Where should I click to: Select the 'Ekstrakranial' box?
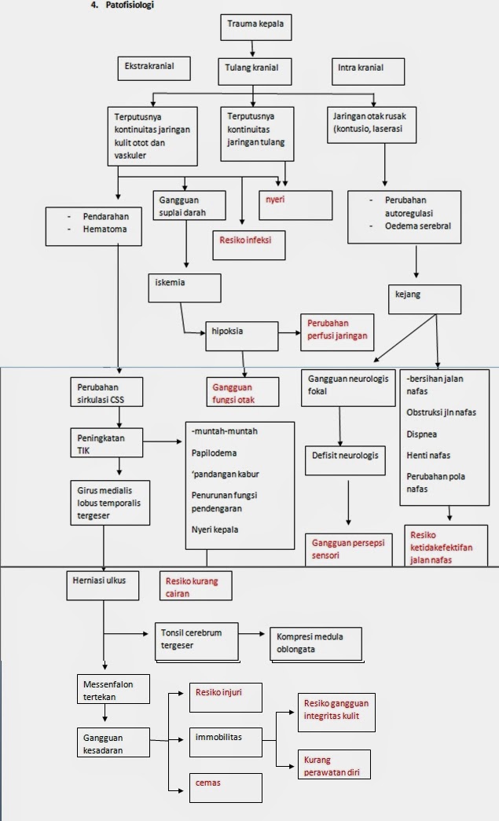tap(154, 68)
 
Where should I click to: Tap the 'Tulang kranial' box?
tap(252, 70)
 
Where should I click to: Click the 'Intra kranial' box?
tap(368, 70)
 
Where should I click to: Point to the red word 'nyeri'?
tap(274, 200)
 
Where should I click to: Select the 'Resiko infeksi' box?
tap(247, 244)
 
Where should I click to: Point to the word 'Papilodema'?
tap(214, 453)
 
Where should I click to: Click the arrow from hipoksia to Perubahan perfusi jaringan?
tap(288, 332)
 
